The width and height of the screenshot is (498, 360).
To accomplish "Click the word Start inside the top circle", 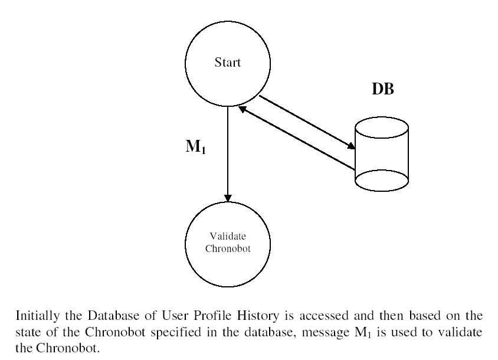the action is click(x=227, y=63).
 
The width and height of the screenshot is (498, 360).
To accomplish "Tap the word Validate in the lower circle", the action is click(x=228, y=236).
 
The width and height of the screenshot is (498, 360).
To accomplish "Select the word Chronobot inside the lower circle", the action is click(x=228, y=248).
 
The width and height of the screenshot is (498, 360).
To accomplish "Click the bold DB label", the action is click(x=383, y=89).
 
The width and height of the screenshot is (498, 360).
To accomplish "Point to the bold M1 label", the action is click(x=196, y=146).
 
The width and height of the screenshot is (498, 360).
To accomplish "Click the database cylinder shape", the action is click(x=381, y=154).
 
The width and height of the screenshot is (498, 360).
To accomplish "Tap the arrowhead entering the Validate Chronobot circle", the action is click(x=228, y=198).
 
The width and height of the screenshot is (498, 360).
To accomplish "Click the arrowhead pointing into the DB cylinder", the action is click(x=351, y=146).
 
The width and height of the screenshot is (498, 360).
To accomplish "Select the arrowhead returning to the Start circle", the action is click(x=243, y=109).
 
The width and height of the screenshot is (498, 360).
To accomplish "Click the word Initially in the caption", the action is click(x=38, y=316).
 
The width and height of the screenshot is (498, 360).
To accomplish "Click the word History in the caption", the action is click(x=258, y=316).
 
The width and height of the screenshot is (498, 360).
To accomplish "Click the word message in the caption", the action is click(x=326, y=333).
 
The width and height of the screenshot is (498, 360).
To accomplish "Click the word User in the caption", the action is click(x=175, y=316).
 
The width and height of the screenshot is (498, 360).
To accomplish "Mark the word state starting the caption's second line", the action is click(x=28, y=332).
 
